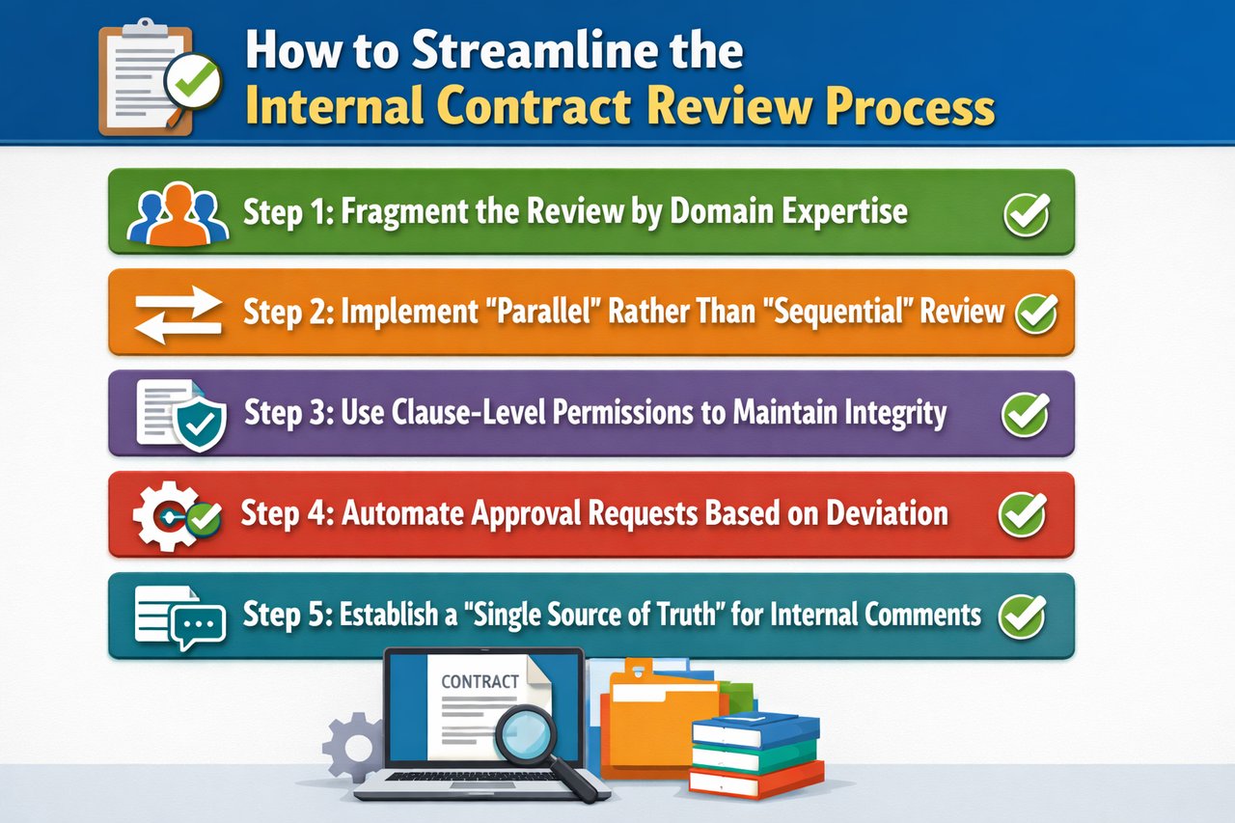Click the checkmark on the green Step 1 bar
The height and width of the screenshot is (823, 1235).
click(1026, 212)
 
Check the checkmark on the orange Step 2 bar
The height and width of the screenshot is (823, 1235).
click(1035, 314)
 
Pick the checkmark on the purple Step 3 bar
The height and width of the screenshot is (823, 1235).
click(1025, 414)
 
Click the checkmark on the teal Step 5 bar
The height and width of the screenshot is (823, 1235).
click(1022, 615)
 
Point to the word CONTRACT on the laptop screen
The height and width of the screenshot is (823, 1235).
click(480, 681)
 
